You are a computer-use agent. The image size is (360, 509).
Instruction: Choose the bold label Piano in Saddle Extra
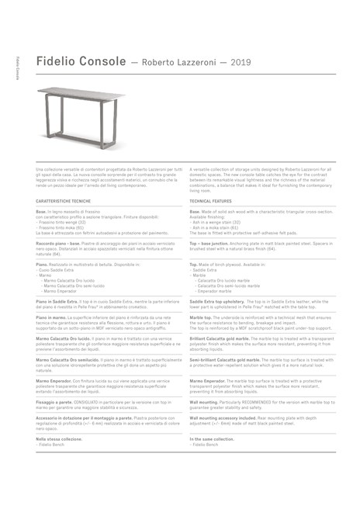(57, 300)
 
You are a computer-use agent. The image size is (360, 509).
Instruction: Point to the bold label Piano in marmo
(51, 317)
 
